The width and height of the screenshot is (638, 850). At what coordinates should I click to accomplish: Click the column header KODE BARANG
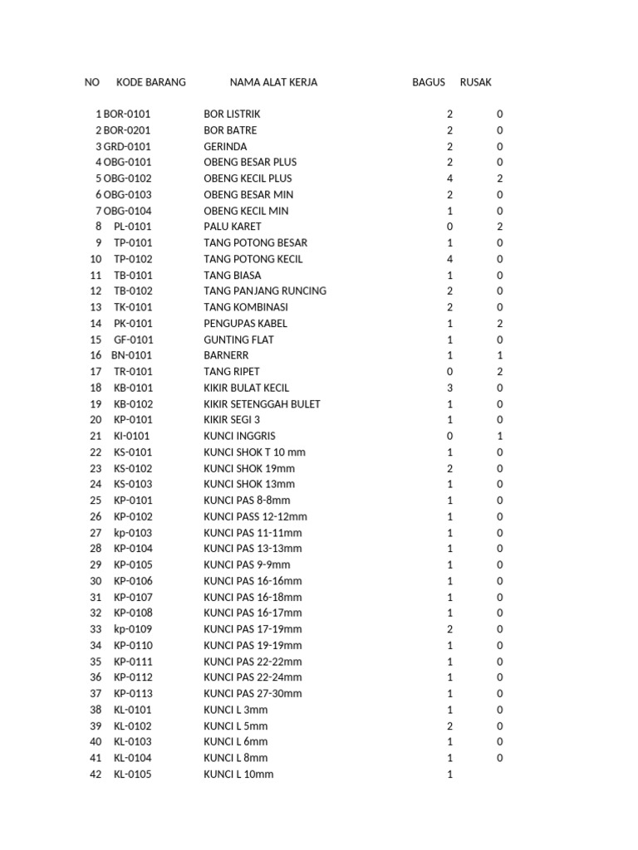point(151,82)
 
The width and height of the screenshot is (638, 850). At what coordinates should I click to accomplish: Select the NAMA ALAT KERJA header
point(273,82)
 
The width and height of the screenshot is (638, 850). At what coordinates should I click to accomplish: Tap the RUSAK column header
point(475,82)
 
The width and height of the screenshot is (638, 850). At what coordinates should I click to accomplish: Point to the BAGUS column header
point(429,82)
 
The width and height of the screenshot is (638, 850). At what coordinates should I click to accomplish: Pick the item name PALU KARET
point(233,227)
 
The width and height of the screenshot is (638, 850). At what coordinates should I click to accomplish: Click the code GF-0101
point(133,340)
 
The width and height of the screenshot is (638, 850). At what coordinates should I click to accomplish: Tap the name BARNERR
point(227,355)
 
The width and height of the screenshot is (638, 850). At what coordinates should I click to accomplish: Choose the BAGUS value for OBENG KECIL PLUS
point(450,178)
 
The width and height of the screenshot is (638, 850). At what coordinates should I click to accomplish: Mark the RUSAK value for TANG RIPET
point(500,372)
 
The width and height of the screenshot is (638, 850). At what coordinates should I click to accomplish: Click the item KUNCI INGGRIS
point(239,436)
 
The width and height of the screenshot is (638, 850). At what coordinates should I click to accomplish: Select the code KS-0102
point(133,468)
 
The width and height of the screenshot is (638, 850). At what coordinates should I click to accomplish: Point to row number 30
point(96,581)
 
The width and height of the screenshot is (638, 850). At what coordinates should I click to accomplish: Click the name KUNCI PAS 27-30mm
point(253,694)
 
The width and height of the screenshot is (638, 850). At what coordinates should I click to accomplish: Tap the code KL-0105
point(133,774)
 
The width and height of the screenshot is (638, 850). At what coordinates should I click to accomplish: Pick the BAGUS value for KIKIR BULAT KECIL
point(450,388)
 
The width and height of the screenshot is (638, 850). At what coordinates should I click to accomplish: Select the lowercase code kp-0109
point(133,629)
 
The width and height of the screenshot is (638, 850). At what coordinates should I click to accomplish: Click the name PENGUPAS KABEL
point(246,324)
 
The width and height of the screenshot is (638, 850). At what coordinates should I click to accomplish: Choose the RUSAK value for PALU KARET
point(500,227)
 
